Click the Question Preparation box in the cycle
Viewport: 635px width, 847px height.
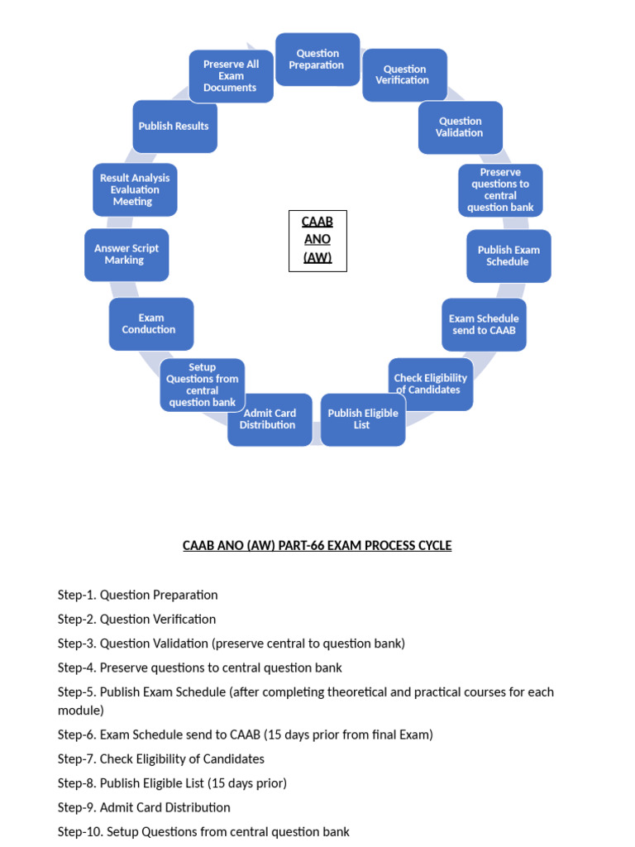317,60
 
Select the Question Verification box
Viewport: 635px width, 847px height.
404,75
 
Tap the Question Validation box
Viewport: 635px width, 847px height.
460,127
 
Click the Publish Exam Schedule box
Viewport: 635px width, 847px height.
508,256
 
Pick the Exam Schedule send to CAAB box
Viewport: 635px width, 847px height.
484,324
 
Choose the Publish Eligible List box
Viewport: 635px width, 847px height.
362,419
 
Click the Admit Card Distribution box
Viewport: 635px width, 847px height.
269,419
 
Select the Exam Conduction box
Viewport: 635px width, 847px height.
150,323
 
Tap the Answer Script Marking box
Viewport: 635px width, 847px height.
126,255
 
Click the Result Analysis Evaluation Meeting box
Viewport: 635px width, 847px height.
134,189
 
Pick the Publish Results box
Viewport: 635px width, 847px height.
174,127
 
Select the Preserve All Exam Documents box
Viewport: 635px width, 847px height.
231,76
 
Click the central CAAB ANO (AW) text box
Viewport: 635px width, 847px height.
317,241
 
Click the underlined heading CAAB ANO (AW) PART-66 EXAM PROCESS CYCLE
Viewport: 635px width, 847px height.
317,546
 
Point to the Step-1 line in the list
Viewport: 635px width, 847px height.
137,595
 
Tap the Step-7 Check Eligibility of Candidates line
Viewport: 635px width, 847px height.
160,758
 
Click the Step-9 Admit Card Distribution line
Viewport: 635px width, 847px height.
144,807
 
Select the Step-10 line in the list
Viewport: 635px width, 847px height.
203,831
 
